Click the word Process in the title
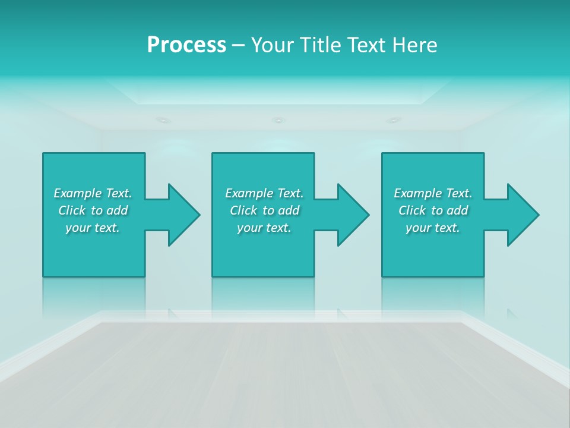(x=186, y=45)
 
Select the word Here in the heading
(x=414, y=45)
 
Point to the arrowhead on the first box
(x=182, y=215)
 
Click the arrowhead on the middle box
(x=351, y=215)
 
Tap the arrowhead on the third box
(x=521, y=215)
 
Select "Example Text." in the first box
(x=93, y=193)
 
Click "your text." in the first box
(x=93, y=228)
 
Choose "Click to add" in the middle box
(x=264, y=210)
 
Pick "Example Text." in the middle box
(x=264, y=193)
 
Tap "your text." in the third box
(x=433, y=228)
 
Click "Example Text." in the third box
(x=433, y=193)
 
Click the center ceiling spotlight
(x=278, y=120)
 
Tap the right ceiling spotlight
(x=393, y=120)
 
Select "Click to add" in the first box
(x=93, y=210)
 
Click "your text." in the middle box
(x=264, y=228)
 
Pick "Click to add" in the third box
(x=433, y=210)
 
